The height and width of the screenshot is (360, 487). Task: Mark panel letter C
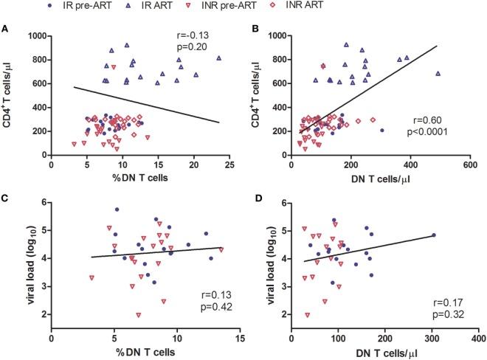click(6, 195)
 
